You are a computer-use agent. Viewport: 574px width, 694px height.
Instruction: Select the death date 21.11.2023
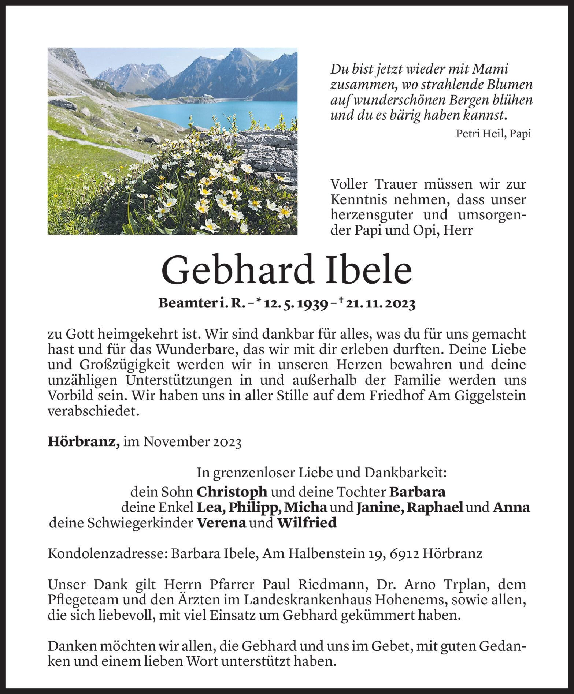380,304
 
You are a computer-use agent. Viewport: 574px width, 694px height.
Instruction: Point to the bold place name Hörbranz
83,442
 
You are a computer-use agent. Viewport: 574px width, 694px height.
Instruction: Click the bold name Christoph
232,492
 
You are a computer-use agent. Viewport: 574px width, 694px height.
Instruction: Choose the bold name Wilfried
307,523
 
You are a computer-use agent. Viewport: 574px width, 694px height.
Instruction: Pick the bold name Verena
221,523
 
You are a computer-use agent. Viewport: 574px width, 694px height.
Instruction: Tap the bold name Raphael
435,507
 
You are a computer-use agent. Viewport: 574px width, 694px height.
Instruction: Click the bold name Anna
511,507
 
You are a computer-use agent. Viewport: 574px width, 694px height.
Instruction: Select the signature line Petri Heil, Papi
493,134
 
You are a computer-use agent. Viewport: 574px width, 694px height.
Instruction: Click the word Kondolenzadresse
107,553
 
